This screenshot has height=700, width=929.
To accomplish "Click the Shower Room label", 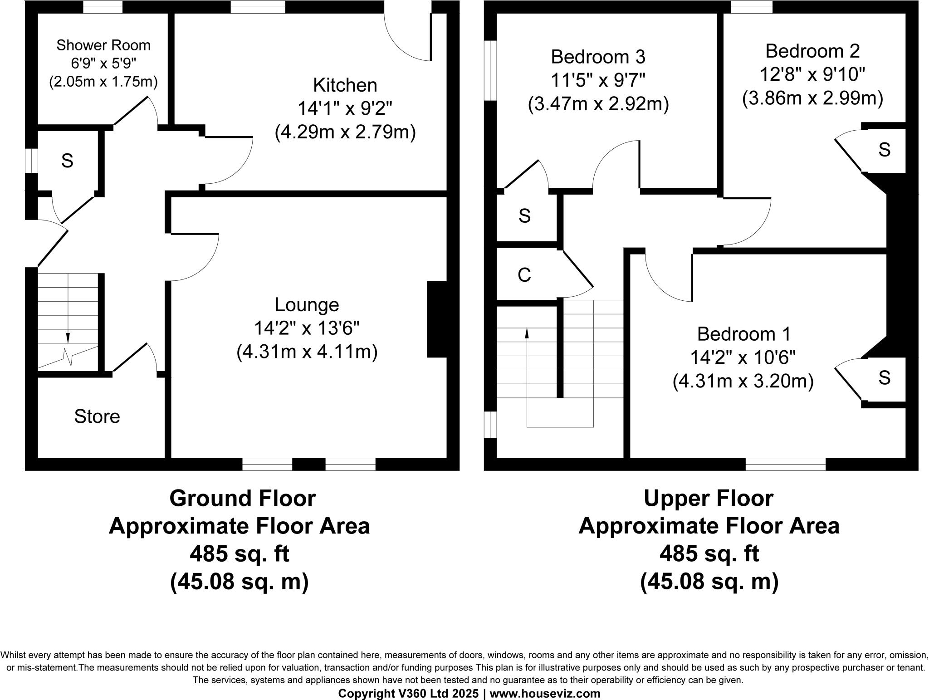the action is [103, 45].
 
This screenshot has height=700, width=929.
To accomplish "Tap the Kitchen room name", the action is [345, 85].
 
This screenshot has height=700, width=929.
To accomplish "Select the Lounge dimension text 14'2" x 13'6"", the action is [307, 328].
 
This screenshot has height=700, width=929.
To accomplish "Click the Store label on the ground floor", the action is [97, 416].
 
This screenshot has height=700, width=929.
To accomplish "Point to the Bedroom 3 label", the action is [598, 57].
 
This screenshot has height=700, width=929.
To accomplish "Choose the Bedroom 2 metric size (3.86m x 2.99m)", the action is [812, 98].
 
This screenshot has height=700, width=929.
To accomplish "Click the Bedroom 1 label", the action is [744, 334].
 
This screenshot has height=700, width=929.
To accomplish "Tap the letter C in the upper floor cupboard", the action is [524, 275].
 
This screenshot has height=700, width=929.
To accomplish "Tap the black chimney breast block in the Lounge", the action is [437, 319].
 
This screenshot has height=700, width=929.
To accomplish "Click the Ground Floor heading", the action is [243, 499].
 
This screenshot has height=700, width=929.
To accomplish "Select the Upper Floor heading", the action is [709, 499].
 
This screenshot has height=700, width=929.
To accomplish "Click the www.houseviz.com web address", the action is [545, 694].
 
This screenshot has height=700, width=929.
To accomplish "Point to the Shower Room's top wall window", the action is [103, 7].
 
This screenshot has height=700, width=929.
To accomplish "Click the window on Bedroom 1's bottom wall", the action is [786, 464].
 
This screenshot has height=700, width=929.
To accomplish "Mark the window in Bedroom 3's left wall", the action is [491, 70].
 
